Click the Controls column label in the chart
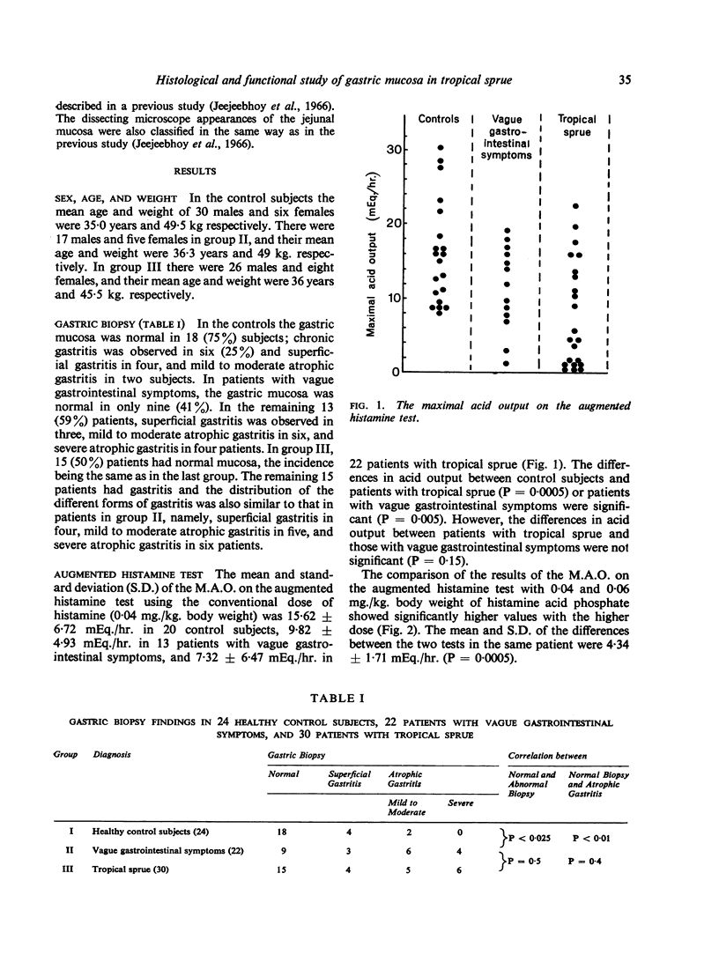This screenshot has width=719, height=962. click(439, 119)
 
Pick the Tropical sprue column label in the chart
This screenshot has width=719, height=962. click(577, 126)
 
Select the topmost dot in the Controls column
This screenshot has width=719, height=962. click(440, 147)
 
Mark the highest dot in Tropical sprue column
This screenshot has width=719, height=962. click(575, 206)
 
